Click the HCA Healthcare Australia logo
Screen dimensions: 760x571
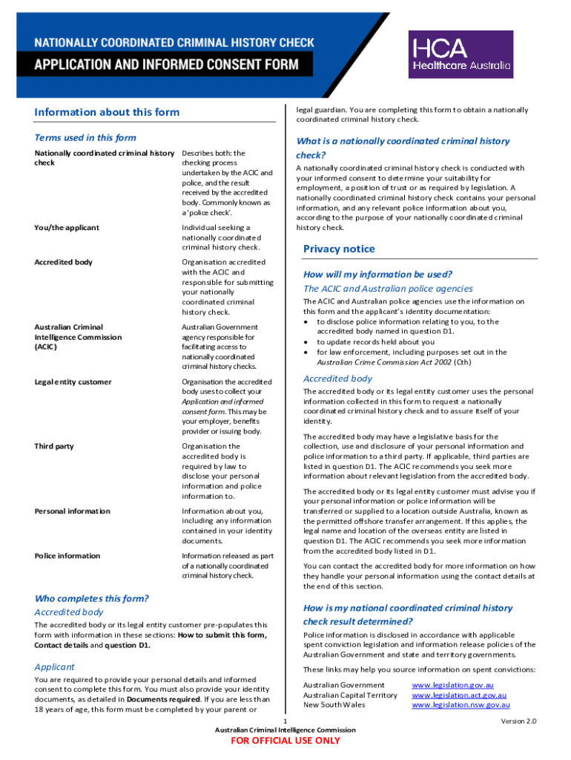tap(461, 54)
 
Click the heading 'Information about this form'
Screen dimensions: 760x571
tap(107, 112)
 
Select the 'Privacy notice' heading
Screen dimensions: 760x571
tap(339, 249)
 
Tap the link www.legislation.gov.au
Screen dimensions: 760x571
tap(452, 684)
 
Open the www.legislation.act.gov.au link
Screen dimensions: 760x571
tap(459, 695)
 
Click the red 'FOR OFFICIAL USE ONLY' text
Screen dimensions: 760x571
tap(285, 740)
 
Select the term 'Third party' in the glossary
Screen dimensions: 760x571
tap(54, 446)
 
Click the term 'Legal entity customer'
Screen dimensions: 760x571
tap(73, 381)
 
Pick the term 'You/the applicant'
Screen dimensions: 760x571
tap(67, 227)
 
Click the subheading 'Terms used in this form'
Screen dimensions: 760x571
tap(85, 137)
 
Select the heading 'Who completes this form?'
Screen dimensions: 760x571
tap(92, 598)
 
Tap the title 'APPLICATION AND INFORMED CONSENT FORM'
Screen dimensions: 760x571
tap(166, 64)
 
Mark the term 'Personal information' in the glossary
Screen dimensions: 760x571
tap(73, 511)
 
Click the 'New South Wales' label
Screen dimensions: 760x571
tap(334, 704)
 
